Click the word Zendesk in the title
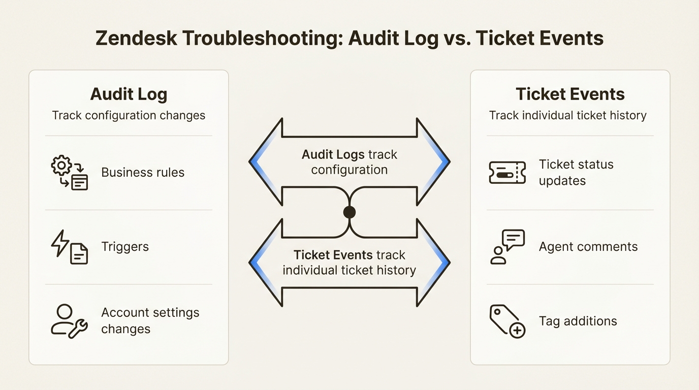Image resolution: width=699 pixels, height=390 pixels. (136, 39)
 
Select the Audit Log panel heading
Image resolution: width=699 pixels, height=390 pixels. (129, 94)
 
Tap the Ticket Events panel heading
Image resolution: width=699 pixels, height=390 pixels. (570, 94)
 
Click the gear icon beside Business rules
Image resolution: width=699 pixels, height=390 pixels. (62, 166)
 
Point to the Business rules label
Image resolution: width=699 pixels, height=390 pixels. (143, 173)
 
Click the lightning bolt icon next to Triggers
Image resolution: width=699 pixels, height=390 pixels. (60, 243)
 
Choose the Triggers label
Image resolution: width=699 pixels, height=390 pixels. (125, 247)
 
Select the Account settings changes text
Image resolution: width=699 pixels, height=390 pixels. (150, 320)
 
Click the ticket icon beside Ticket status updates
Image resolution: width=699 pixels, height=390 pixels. (507, 173)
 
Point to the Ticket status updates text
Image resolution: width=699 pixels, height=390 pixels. (576, 173)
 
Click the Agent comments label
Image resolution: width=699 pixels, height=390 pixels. (588, 247)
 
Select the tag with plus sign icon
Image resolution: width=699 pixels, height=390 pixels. (507, 321)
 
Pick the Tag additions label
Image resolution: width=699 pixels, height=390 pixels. (578, 321)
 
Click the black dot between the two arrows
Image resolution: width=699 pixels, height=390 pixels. (349, 212)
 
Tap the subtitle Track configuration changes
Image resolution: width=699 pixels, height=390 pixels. (129, 115)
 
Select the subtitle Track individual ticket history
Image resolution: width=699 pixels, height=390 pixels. (567, 115)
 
